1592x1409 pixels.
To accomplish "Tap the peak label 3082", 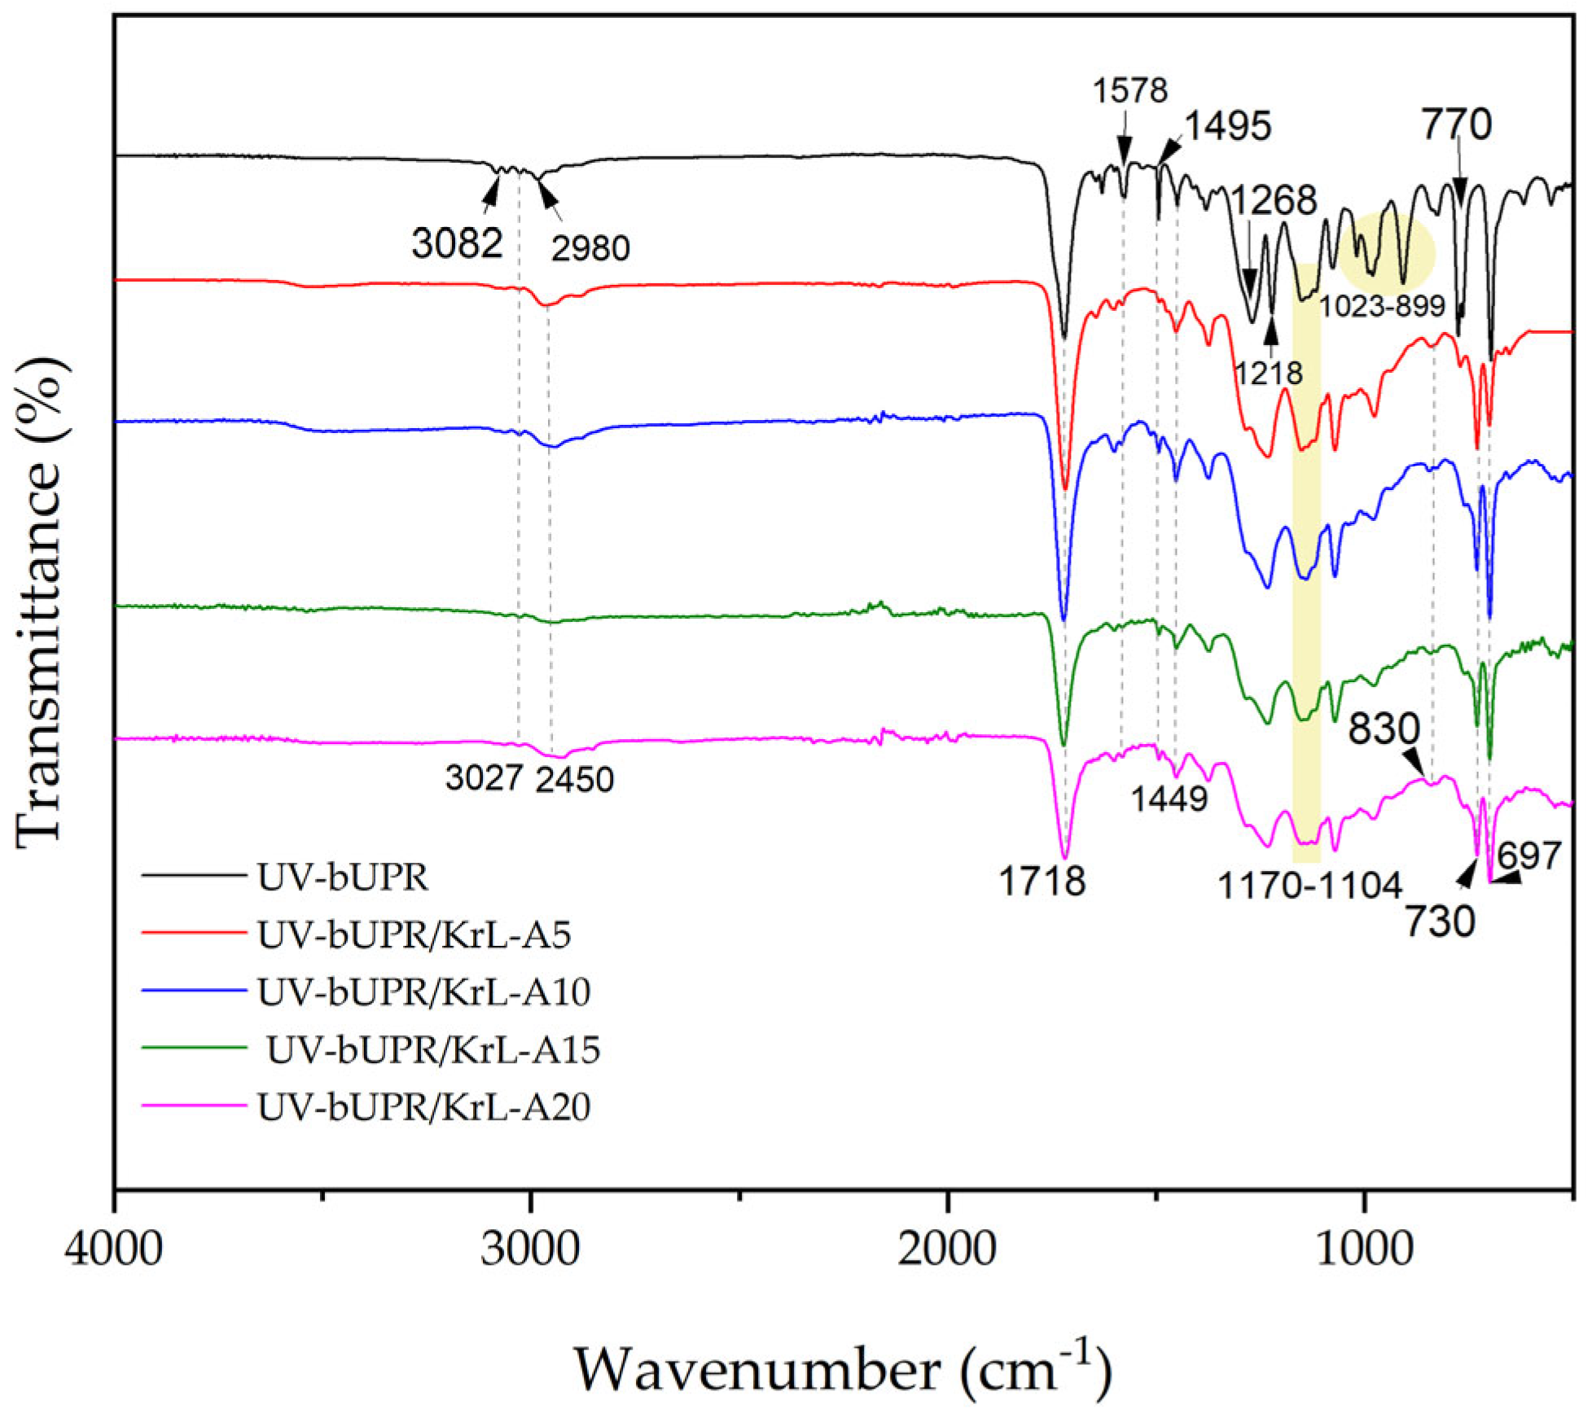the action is point(457,243).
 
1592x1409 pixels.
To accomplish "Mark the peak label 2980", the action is point(590,248).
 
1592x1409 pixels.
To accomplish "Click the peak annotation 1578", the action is point(1130,90).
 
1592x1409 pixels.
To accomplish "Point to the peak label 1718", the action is point(1042,882).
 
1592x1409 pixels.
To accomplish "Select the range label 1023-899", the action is point(1382,306).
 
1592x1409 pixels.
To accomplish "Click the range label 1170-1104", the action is point(1309,886).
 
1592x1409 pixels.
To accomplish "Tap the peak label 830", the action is point(1384,729).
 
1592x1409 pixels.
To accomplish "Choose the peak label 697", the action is point(1529,855).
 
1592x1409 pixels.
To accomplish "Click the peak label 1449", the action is point(1169,799).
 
